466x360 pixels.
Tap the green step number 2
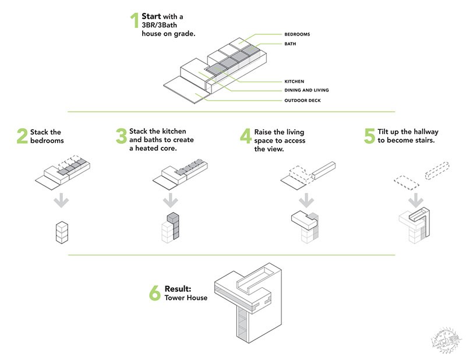[x=22, y=136]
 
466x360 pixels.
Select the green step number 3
[x=121, y=136]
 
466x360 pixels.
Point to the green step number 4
[x=246, y=136]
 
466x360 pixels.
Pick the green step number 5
[x=369, y=136]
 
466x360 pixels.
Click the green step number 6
[x=154, y=293]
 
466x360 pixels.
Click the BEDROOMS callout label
[x=297, y=34]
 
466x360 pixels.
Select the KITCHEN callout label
[x=294, y=81]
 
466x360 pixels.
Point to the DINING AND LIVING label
[x=306, y=90]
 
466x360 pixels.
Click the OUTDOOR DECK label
[x=302, y=100]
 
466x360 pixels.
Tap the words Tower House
[x=186, y=298]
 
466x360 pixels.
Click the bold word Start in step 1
[x=151, y=16]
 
